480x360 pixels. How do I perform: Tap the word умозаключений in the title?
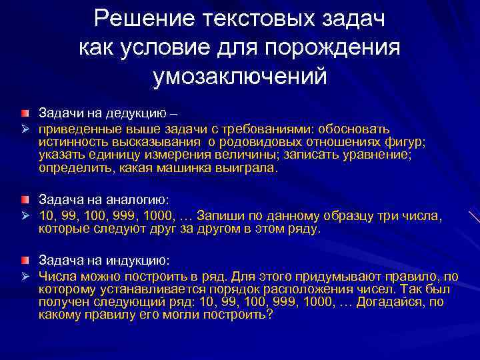click(240, 76)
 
